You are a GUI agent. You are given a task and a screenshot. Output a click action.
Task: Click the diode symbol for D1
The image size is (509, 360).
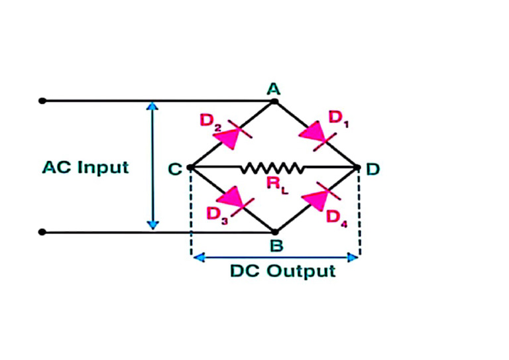coord(313,135)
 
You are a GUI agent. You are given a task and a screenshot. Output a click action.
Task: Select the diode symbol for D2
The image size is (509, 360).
coord(229,137)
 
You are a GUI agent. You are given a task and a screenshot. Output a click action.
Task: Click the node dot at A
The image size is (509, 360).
coord(274,101)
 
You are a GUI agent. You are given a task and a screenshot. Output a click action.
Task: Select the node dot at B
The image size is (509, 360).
coord(274,232)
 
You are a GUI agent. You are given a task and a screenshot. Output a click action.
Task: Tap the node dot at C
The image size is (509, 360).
coord(191,168)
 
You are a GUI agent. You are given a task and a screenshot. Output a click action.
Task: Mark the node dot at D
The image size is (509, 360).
coord(359,168)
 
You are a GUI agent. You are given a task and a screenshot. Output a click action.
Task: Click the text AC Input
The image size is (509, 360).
coord(85,166)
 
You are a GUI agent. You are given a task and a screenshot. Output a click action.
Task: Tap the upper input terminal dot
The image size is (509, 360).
coord(42,101)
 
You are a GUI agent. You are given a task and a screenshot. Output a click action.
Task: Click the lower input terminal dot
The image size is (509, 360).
coord(42,232)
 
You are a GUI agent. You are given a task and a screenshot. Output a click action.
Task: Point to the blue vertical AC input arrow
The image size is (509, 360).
coord(153,166)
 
